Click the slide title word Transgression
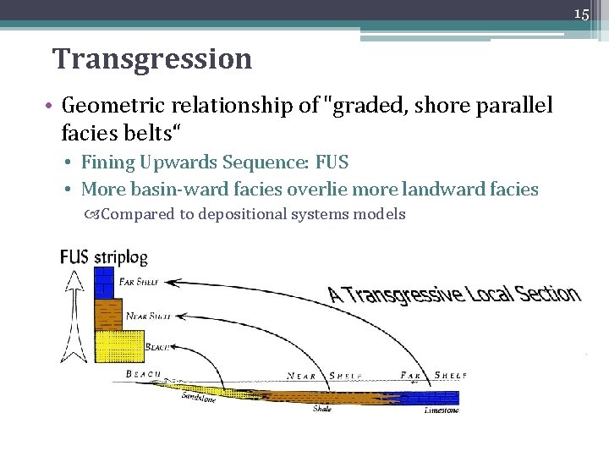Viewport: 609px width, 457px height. (152, 59)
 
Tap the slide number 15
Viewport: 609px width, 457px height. (581, 14)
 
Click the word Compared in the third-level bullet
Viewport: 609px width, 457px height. (138, 214)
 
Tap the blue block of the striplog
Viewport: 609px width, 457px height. (103, 283)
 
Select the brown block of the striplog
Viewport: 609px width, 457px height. (108, 314)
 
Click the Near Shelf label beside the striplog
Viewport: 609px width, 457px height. (149, 316)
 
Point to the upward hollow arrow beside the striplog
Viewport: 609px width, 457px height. (74, 313)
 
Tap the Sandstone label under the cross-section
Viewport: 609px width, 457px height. (199, 398)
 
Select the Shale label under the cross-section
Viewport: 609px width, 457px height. (322, 410)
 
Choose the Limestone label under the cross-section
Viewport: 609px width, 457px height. (442, 410)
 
